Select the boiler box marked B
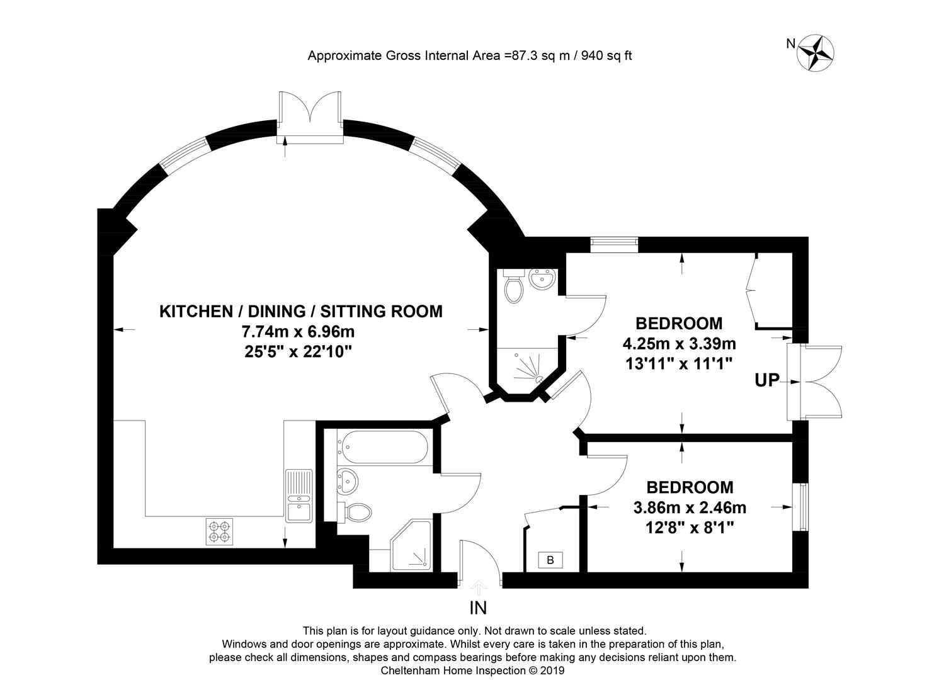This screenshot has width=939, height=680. [x=550, y=560]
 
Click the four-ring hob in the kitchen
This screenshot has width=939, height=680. [x=219, y=531]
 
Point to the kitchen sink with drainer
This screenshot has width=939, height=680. [x=299, y=496]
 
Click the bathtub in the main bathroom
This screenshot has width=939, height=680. [x=383, y=447]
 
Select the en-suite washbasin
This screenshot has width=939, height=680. [x=542, y=279]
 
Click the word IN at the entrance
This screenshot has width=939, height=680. [x=478, y=608]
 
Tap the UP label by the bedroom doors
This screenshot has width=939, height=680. [x=766, y=380]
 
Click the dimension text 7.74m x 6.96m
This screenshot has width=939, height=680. [x=298, y=331]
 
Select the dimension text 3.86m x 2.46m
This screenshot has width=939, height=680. [x=690, y=507]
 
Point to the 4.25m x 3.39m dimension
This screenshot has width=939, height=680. [x=679, y=344]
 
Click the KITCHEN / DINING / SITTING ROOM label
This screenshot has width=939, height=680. [x=301, y=311]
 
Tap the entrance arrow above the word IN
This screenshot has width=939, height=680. [x=478, y=587]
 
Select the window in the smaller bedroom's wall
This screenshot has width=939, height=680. [x=800, y=507]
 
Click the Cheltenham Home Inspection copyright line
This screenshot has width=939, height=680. [x=472, y=671]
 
